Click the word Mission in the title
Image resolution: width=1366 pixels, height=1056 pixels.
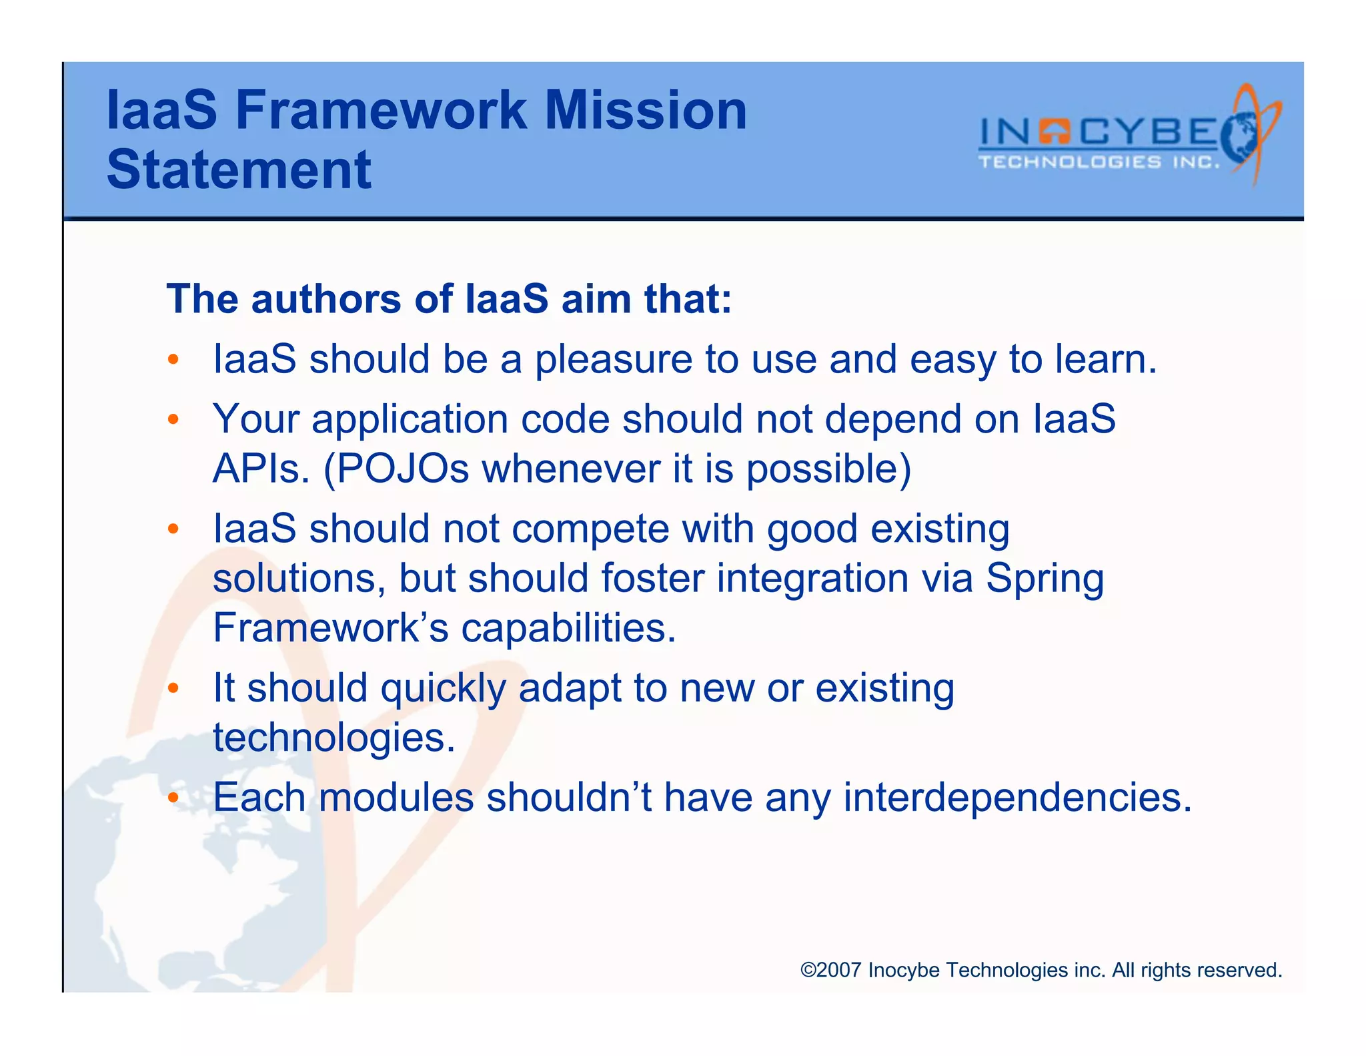point(645,110)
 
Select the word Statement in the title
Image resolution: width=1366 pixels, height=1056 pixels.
point(239,170)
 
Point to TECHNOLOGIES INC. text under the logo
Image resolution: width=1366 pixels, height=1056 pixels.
point(1099,162)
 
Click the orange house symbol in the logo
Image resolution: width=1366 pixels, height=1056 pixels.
point(1055,131)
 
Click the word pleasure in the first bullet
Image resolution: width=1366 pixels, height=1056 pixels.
point(614,359)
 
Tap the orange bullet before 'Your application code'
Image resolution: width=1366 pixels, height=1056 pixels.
point(173,420)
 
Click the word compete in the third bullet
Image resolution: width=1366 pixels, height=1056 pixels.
point(590,529)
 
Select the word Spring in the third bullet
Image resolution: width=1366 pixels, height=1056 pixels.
point(1045,578)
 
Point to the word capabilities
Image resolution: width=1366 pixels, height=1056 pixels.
point(568,628)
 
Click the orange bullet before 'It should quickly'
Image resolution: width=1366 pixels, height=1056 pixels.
point(173,688)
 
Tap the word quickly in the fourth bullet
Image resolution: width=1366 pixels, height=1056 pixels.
point(443,688)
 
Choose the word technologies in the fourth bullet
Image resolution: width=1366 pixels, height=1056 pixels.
point(333,738)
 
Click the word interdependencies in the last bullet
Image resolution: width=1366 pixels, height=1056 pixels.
point(1016,798)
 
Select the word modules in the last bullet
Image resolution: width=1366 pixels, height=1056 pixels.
point(396,798)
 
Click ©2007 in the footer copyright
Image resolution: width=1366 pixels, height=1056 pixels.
point(830,970)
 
